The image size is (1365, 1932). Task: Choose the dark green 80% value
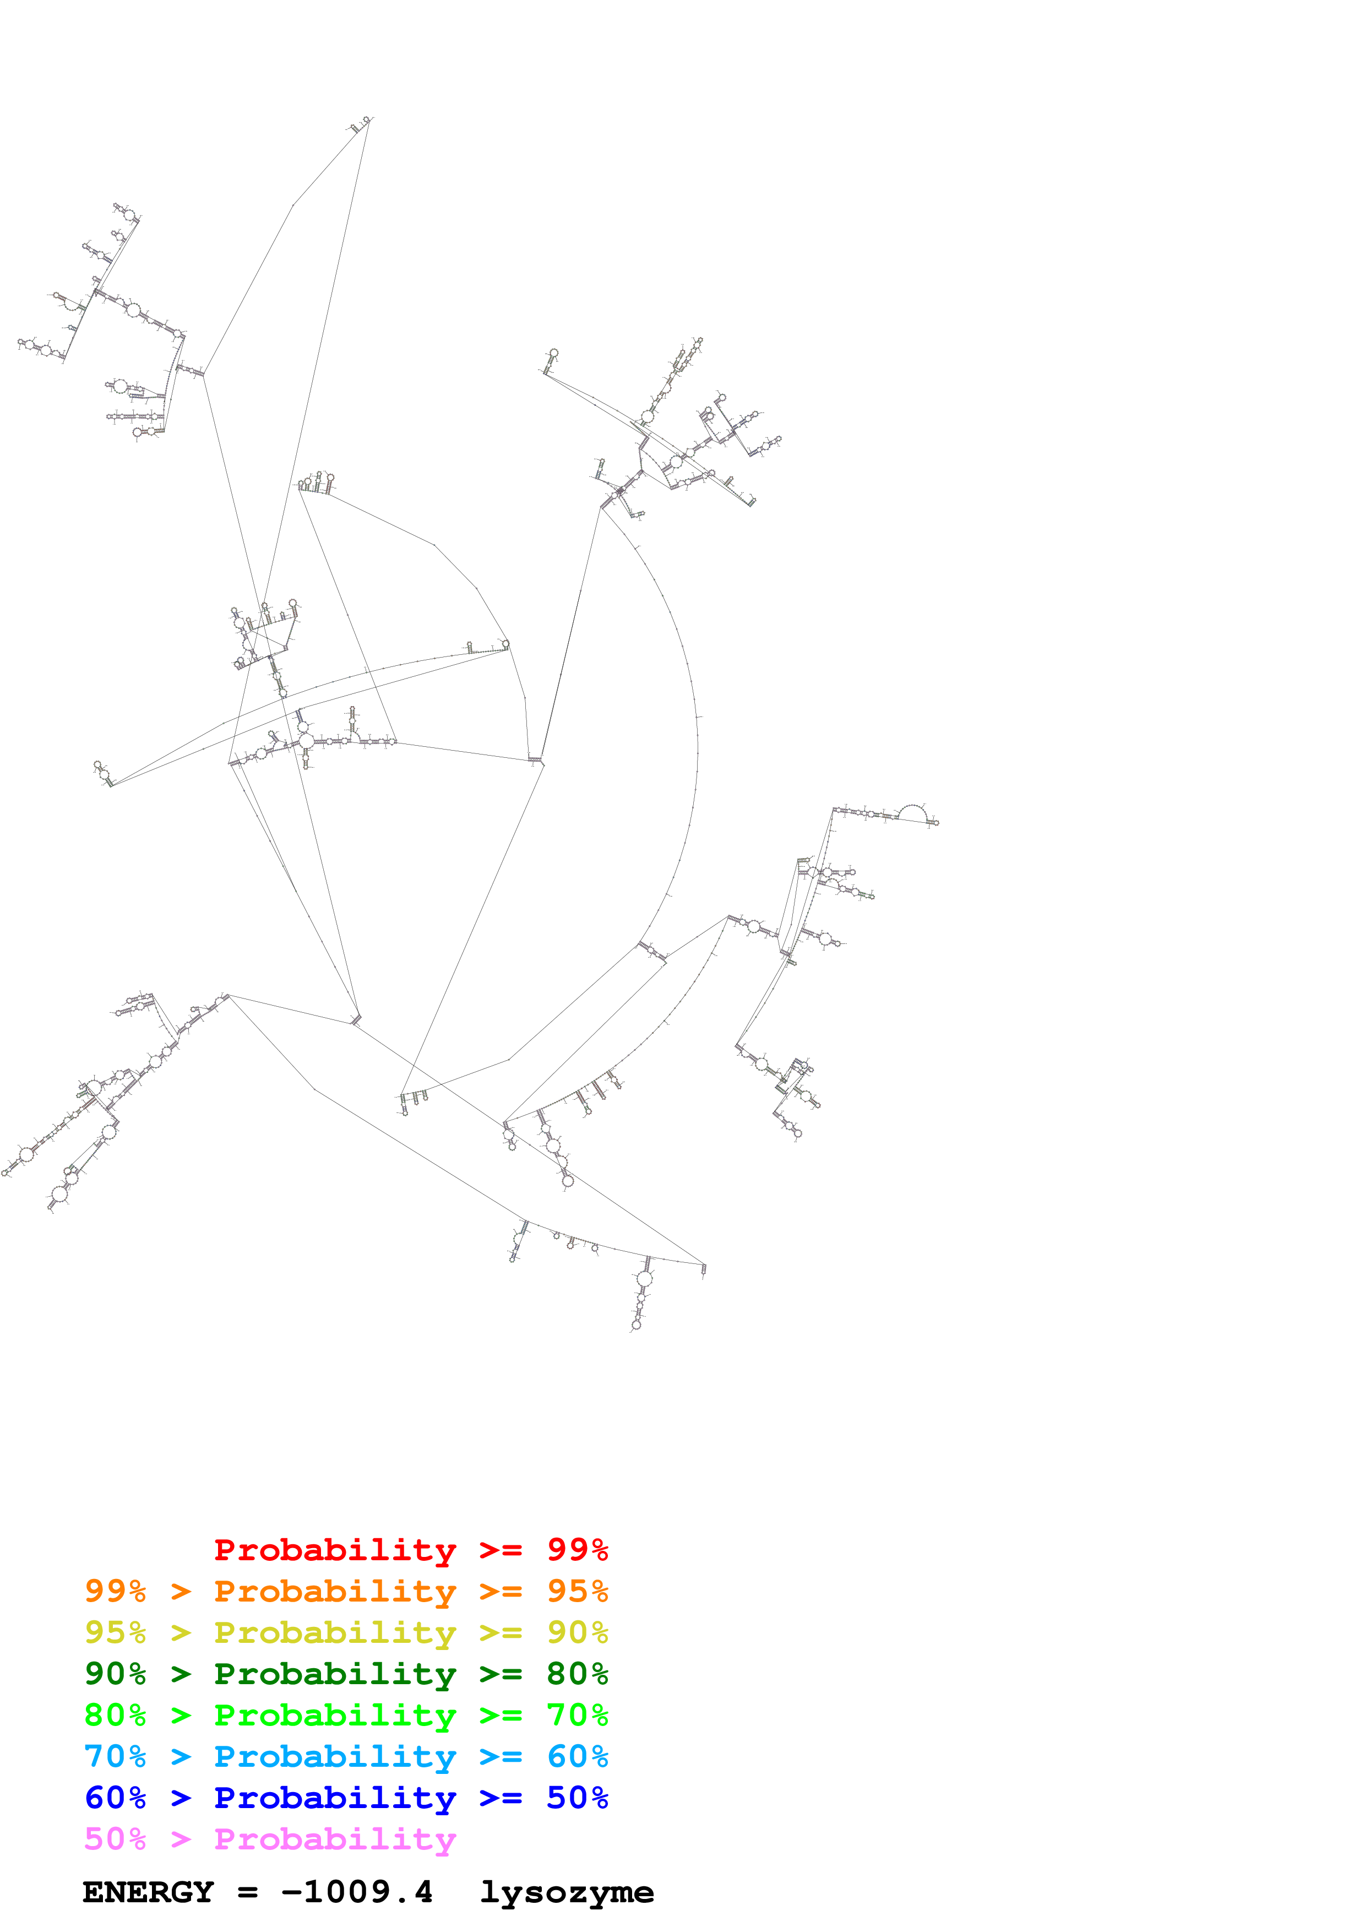coord(577,1674)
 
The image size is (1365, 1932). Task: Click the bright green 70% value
coord(577,1715)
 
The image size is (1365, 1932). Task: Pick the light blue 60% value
coord(577,1756)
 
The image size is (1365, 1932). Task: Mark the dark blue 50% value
coord(577,1798)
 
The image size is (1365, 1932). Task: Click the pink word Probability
coord(335,1839)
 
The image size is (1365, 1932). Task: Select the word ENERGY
coord(148,1892)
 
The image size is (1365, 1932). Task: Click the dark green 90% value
coord(115,1674)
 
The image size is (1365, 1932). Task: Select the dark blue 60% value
coord(115,1798)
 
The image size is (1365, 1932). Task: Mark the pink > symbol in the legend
coord(181,1839)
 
